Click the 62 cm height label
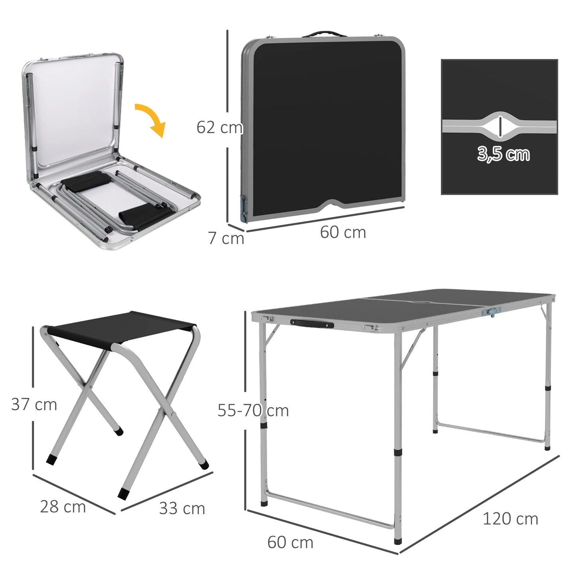[219, 128]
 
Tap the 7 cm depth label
[226, 238]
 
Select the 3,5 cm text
[503, 154]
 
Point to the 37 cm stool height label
[34, 404]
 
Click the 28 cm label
[63, 507]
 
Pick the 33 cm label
[182, 508]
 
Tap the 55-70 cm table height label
[253, 410]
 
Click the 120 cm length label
[510, 519]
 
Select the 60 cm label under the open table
[290, 543]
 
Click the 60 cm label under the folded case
[343, 232]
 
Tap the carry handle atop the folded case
[322, 34]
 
